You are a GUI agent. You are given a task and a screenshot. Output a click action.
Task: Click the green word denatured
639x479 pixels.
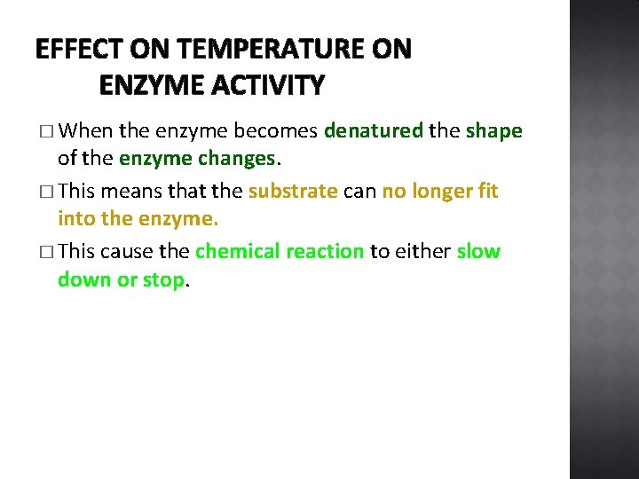(x=374, y=131)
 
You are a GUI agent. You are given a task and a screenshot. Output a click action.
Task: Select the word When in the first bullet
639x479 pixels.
(x=89, y=131)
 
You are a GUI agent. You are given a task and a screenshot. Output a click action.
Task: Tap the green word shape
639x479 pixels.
(x=493, y=131)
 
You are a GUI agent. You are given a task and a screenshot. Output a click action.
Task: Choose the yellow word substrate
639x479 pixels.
(x=293, y=191)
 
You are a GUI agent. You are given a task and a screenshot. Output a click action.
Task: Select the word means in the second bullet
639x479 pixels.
(x=130, y=191)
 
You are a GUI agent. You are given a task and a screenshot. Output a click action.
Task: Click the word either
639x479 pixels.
(x=422, y=251)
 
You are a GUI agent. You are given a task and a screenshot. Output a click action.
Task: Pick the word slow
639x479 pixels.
(x=478, y=251)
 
